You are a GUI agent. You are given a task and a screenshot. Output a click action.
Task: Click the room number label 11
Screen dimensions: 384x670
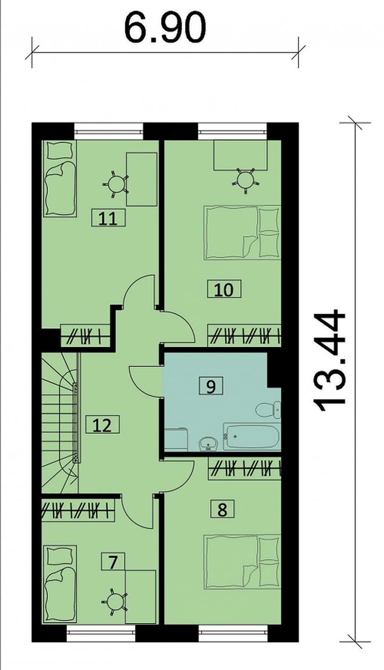tap(109, 219)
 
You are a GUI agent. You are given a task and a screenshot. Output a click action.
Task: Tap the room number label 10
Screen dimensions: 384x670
tap(223, 289)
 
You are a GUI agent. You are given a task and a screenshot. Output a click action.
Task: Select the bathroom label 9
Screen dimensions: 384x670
tap(211, 386)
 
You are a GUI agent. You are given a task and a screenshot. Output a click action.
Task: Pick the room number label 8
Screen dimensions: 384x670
tap(222, 509)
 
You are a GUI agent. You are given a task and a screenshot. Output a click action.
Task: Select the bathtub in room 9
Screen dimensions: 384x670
tap(252, 437)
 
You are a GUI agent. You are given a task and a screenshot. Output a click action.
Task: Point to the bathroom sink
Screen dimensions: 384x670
tap(209, 444)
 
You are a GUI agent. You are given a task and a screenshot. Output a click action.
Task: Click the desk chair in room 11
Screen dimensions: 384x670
tap(116, 184)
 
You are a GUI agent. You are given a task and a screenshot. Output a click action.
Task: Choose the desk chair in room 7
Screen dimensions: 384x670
tap(114, 602)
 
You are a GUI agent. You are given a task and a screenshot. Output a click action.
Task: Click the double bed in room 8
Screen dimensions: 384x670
tap(243, 562)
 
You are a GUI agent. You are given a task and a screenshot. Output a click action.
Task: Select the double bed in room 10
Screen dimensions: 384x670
tap(243, 233)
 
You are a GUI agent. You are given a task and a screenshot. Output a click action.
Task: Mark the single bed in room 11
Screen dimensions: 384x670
tap(60, 179)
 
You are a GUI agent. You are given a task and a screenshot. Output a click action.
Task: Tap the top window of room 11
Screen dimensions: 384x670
tap(108, 131)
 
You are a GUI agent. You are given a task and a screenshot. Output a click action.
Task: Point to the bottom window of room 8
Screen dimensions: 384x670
tap(233, 634)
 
